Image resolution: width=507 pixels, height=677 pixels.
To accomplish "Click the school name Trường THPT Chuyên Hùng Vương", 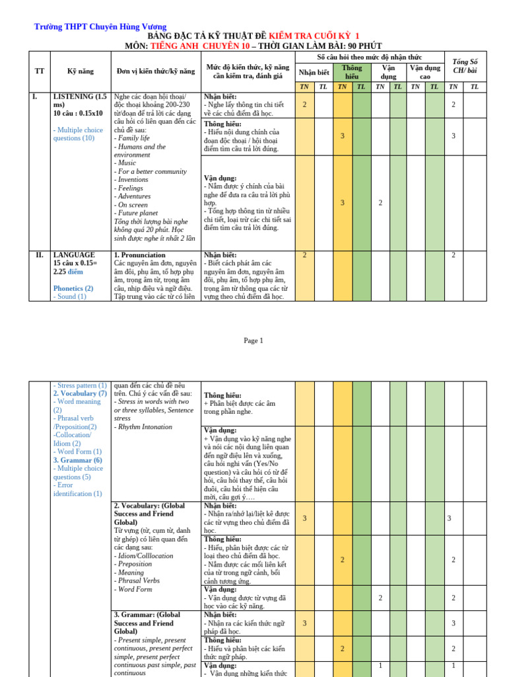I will (100, 26).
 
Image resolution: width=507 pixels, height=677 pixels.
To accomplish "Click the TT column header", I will (39, 71).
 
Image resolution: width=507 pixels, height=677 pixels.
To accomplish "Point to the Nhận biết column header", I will (314, 72).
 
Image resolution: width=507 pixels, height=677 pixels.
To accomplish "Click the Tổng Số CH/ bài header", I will (464, 66).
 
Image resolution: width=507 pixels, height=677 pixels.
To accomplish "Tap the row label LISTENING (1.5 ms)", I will (79, 100).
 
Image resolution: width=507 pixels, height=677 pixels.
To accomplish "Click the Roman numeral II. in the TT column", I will (39, 255).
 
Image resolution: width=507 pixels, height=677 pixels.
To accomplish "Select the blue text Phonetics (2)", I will (73, 288).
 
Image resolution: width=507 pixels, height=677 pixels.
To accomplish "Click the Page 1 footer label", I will (253, 340).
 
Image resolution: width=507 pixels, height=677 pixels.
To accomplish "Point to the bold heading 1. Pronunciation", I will (140, 255).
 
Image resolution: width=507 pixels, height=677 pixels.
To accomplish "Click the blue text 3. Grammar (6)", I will (77, 460).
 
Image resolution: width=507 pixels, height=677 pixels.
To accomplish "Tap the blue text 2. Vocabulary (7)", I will (80, 393).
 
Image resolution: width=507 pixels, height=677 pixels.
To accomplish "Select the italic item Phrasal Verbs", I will (138, 580).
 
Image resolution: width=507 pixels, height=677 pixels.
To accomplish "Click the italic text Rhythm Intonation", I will (143, 427).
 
